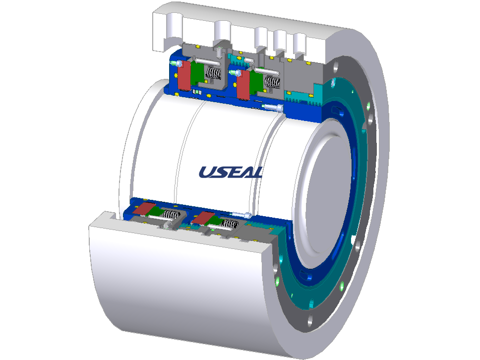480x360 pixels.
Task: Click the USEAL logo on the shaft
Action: (231, 172)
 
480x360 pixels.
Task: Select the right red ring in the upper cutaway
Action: (243, 84)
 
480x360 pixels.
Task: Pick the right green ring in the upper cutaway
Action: (256, 82)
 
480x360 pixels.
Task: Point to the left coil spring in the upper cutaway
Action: (213, 73)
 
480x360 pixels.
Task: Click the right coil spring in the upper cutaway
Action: (272, 82)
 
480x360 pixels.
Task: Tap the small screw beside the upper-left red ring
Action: (176, 63)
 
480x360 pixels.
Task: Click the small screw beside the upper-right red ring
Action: (235, 73)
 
